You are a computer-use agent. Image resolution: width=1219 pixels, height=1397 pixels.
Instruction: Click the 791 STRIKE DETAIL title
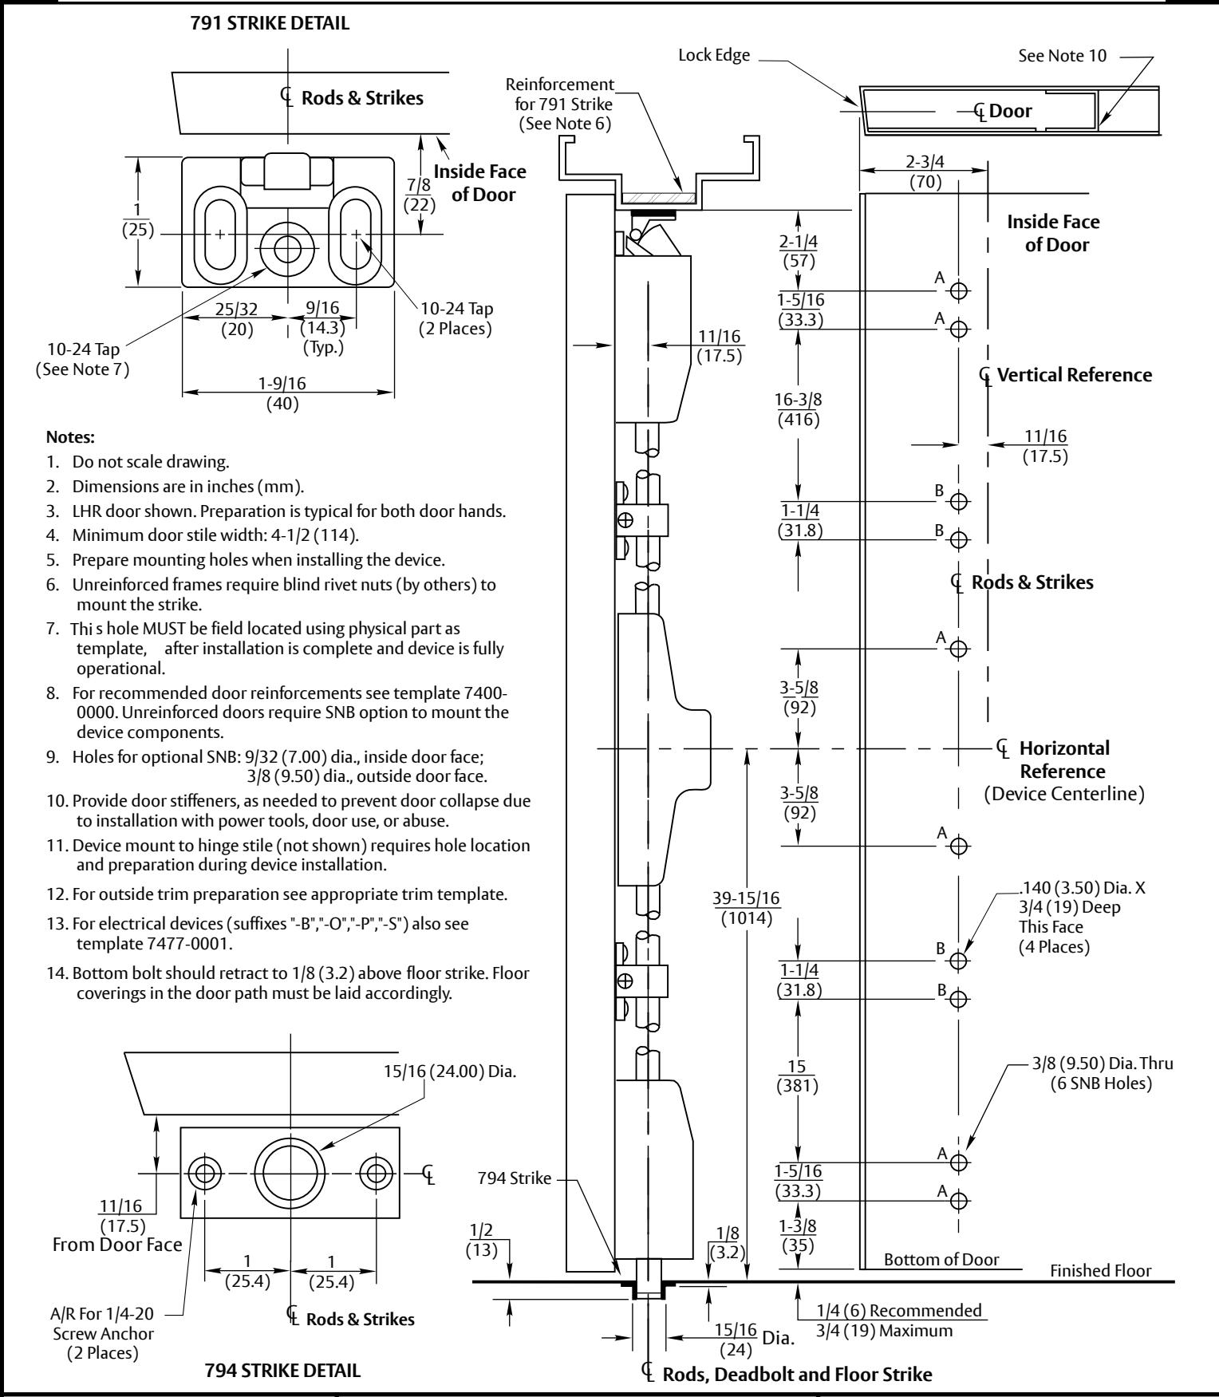click(270, 23)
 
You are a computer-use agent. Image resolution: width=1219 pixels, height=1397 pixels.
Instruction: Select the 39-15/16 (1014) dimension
click(747, 908)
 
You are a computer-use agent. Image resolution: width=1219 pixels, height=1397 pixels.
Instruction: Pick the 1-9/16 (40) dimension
click(282, 393)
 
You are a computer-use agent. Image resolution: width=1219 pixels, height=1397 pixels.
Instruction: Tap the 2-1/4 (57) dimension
click(799, 251)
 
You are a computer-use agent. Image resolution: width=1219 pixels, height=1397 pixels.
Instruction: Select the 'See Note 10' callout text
click(1063, 56)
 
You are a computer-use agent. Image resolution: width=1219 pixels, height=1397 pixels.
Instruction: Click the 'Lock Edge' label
click(715, 55)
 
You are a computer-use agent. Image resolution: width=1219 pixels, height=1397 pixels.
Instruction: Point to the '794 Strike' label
click(515, 1178)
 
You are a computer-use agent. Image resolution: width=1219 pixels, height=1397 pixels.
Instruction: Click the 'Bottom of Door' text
click(941, 1259)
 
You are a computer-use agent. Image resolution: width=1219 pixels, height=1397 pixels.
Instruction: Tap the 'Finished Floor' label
click(1101, 1270)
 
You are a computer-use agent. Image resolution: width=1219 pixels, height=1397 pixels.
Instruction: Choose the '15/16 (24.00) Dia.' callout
click(450, 1071)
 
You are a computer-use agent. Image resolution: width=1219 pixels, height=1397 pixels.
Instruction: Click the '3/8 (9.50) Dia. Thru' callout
click(1102, 1064)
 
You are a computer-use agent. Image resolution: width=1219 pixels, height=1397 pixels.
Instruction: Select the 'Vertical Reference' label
click(1075, 375)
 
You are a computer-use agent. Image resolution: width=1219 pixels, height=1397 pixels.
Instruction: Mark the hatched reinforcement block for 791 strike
click(658, 195)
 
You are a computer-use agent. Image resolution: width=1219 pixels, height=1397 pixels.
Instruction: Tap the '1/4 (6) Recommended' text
click(899, 1310)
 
